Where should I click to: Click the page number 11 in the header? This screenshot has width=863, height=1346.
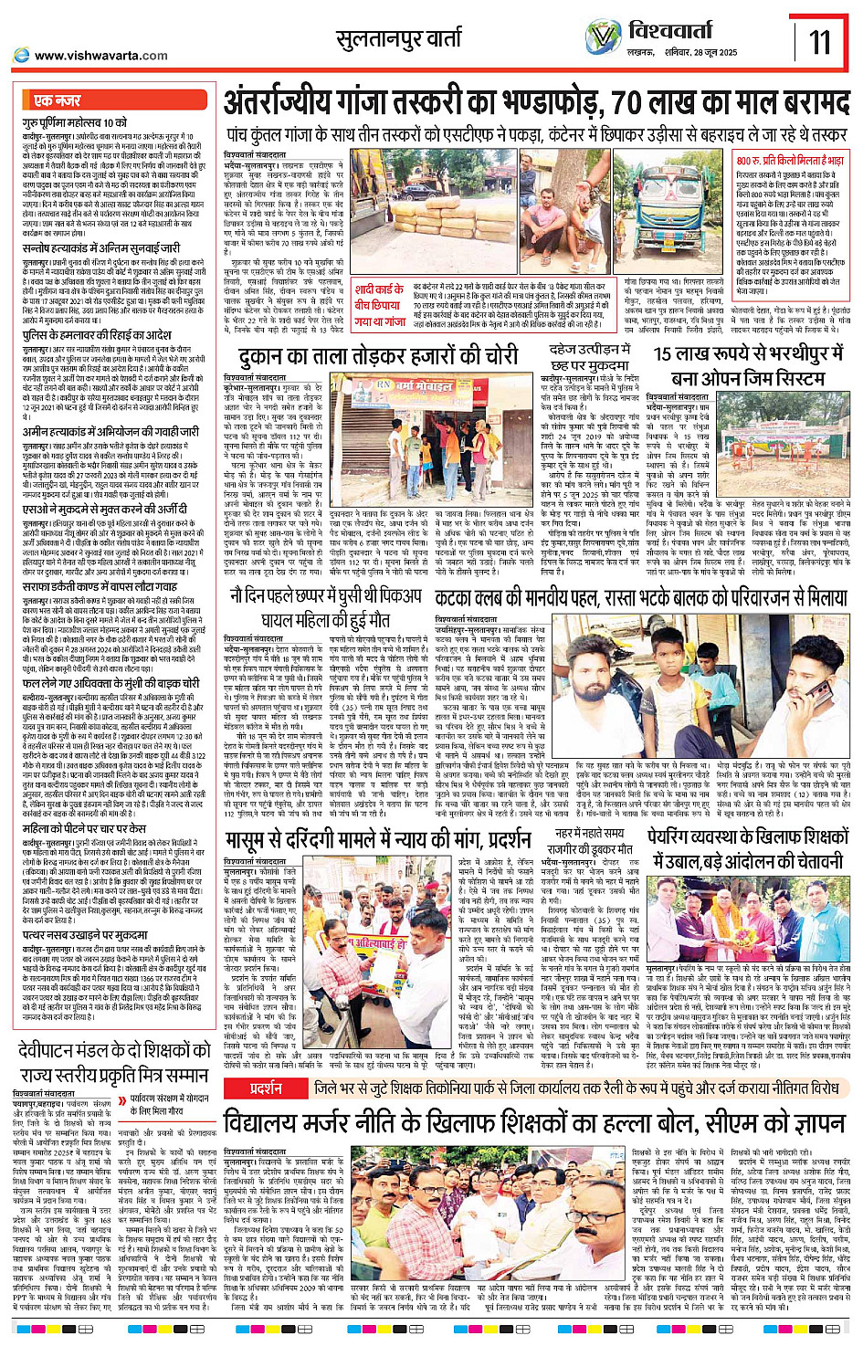819,42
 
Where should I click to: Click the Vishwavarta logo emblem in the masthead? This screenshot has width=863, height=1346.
603,37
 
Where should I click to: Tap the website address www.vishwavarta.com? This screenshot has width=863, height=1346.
100,56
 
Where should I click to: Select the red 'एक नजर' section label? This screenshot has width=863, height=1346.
57,100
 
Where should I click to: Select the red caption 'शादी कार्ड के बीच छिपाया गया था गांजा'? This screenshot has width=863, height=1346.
380,305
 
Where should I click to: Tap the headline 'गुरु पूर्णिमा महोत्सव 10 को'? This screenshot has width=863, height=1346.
75,122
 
